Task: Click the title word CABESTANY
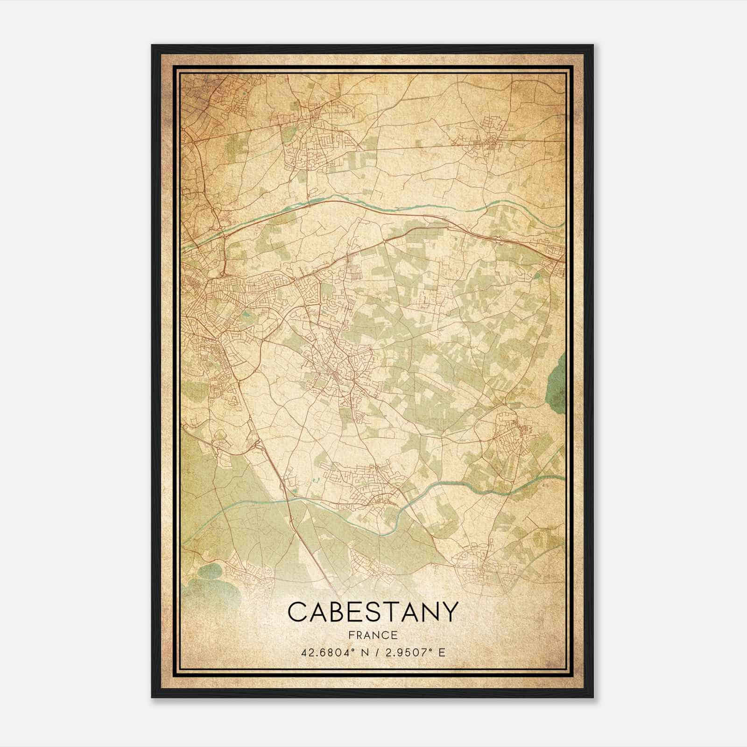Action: coord(373,612)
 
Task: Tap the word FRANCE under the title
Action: coord(373,635)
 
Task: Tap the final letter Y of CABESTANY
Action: coord(447,612)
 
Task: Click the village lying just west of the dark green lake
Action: coord(511,432)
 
